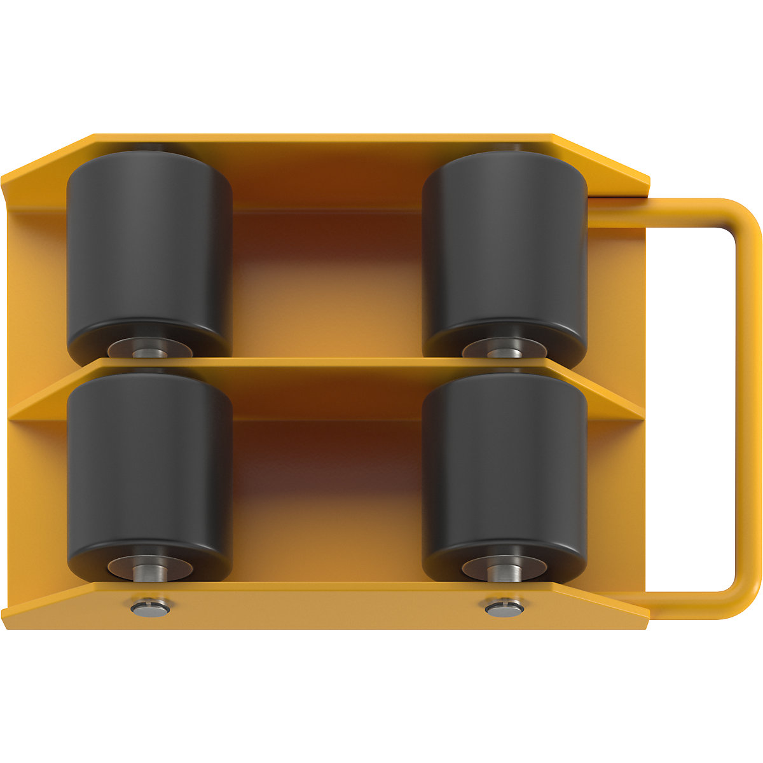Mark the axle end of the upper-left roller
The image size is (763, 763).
[149, 348]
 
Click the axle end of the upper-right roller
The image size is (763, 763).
[504, 348]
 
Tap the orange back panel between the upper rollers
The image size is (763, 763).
[327, 280]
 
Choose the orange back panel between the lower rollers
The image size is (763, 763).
[327, 496]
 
